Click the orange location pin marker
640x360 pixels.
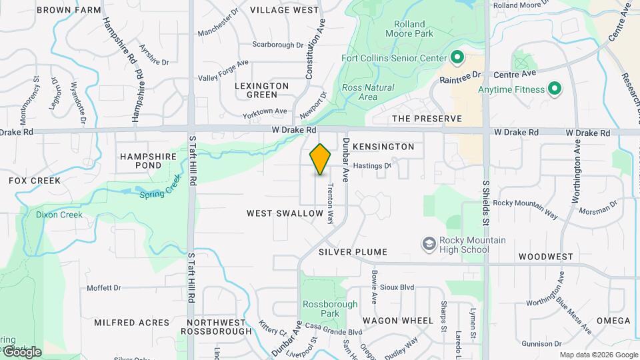pos(321,159)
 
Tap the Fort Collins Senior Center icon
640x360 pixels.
pos(457,58)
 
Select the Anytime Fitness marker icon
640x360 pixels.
pos(553,89)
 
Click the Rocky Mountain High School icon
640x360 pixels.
pos(429,245)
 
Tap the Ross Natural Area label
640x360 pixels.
pos(367,92)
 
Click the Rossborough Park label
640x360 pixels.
pos(321,308)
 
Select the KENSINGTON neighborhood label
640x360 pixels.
pos(383,147)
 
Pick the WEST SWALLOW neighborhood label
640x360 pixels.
pos(285,213)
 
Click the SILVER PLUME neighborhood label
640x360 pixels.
pos(353,253)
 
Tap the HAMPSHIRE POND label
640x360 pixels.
pos(141,161)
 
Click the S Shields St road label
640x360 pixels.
pos(486,200)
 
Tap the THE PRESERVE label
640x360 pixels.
pos(427,119)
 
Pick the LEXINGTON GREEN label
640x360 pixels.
pos(262,91)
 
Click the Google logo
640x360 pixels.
pos(21,352)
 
